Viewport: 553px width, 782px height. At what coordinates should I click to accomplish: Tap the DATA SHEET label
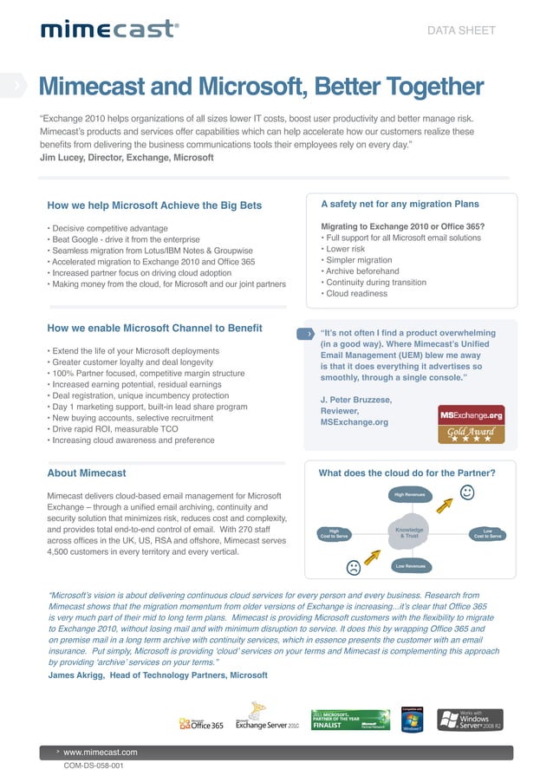click(x=462, y=30)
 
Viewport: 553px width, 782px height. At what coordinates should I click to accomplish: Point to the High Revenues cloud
click(x=409, y=495)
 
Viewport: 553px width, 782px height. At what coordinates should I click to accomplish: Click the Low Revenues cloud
click(x=409, y=566)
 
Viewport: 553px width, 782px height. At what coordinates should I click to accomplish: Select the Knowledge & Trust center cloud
click(x=409, y=532)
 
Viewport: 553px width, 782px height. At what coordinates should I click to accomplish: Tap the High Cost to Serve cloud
click(x=334, y=533)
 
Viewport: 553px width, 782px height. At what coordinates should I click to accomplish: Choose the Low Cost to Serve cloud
click(x=487, y=533)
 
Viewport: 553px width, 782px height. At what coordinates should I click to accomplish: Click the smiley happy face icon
click(x=468, y=493)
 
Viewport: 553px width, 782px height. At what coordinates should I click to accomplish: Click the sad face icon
click(x=353, y=569)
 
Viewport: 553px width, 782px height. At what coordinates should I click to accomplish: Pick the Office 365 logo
click(x=201, y=723)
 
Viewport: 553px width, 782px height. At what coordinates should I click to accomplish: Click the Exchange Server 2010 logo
click(x=267, y=724)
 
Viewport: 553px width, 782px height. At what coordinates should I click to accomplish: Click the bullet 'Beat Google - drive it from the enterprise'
click(x=125, y=239)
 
